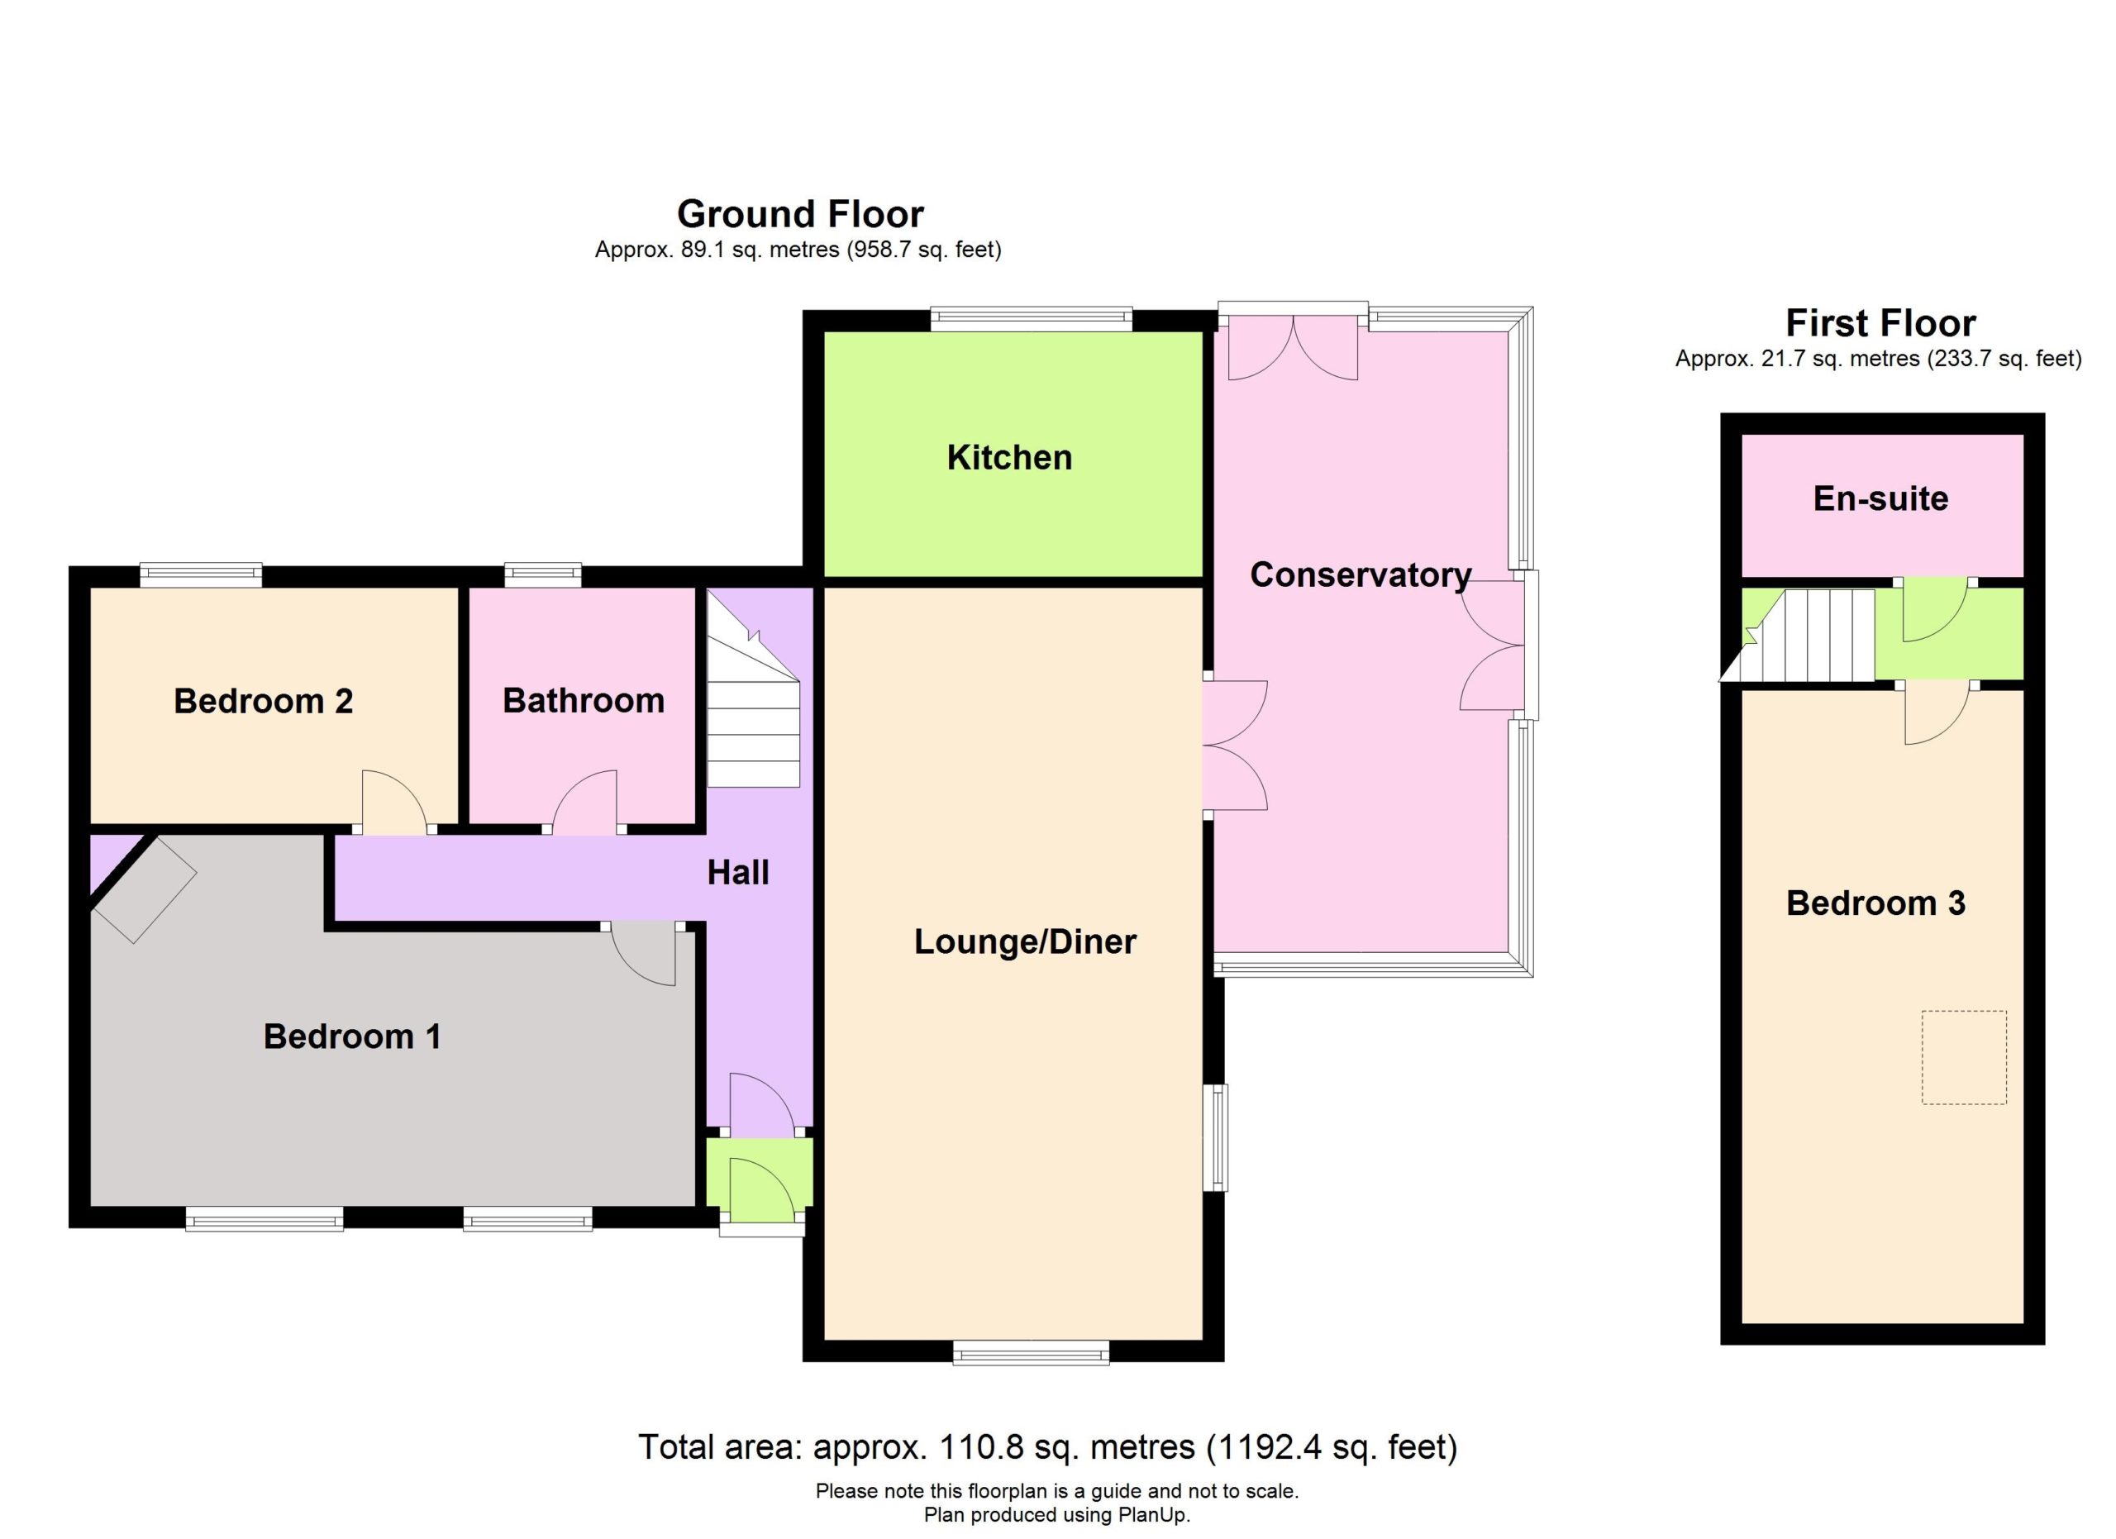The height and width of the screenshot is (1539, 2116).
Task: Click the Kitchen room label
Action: tap(1008, 458)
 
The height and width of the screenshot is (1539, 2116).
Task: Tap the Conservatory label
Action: tap(1361, 575)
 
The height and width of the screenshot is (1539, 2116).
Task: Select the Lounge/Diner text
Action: tap(1024, 942)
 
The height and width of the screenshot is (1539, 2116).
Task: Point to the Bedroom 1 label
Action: tap(352, 1036)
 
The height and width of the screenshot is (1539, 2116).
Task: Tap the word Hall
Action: tap(738, 873)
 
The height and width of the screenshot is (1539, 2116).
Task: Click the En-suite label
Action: tap(1880, 499)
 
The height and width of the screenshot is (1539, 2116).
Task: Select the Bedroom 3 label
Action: tap(1875, 903)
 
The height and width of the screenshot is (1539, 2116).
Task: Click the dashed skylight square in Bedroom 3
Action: tap(1963, 1057)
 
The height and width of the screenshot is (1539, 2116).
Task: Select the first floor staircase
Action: tap(1798, 635)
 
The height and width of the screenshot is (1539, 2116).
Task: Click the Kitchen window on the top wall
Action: tap(1031, 319)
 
